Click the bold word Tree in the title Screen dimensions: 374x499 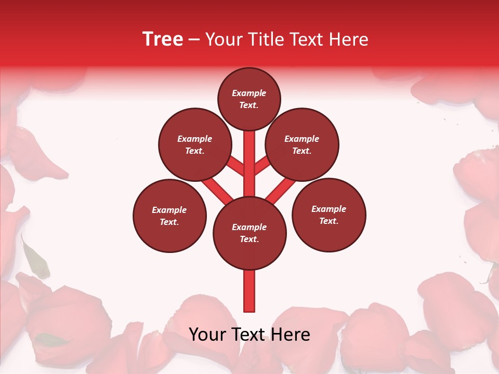(x=163, y=39)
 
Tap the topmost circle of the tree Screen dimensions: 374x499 (x=249, y=99)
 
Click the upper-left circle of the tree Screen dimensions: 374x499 (x=194, y=144)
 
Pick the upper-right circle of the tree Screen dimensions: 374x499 (x=302, y=144)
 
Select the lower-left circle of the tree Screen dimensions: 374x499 (x=169, y=216)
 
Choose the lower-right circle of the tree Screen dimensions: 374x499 (x=329, y=215)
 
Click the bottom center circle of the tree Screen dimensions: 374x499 (x=249, y=233)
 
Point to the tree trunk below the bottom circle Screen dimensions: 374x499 (x=249, y=291)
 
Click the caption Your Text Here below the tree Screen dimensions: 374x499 (x=249, y=335)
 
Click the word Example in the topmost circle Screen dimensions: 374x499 (x=249, y=93)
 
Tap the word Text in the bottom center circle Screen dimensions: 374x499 (x=248, y=239)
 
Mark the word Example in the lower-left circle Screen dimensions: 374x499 (x=169, y=210)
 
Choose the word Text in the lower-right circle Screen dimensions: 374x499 (x=328, y=221)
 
